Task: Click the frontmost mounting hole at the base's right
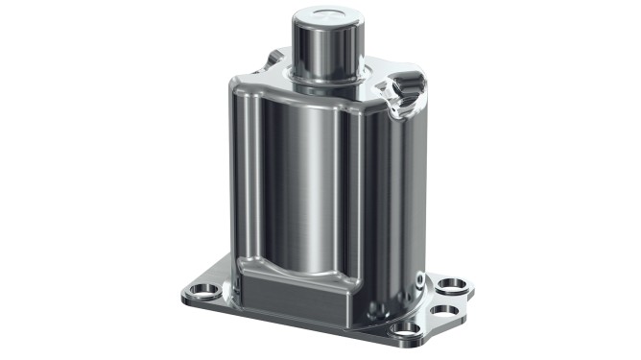[407, 327]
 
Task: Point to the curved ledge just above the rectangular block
[297, 270]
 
